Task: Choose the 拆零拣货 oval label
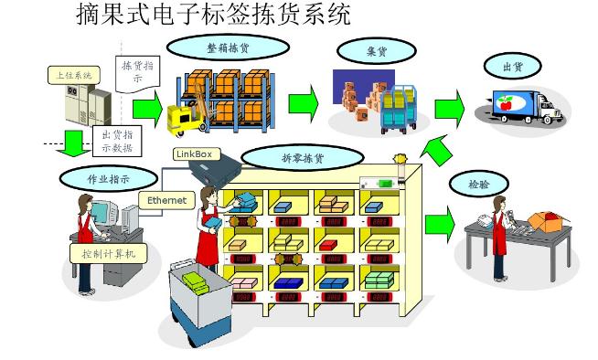(x=303, y=157)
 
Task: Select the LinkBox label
(x=192, y=154)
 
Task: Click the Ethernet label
(x=166, y=200)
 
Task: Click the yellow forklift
(x=185, y=114)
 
